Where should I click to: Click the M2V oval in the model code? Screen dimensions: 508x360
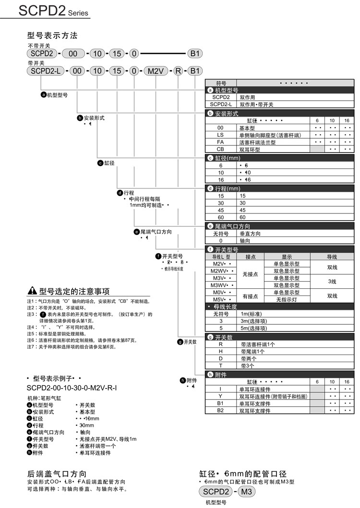pyautogui.click(x=156, y=71)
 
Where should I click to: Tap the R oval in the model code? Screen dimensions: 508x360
pyautogui.click(x=178, y=71)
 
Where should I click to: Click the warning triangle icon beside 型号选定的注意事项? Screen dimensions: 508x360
pyautogui.click(x=32, y=291)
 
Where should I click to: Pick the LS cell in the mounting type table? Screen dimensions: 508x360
pyautogui.click(x=221, y=135)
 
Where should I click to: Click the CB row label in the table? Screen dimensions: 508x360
pyautogui.click(x=221, y=149)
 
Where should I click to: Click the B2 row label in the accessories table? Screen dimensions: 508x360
pyautogui.click(x=221, y=410)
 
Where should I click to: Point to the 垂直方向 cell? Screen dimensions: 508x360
pyautogui.click(x=250, y=234)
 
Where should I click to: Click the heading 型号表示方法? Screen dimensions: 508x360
pyautogui.click(x=52, y=35)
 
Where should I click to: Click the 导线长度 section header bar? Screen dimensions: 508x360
pyautogui.click(x=281, y=307)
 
